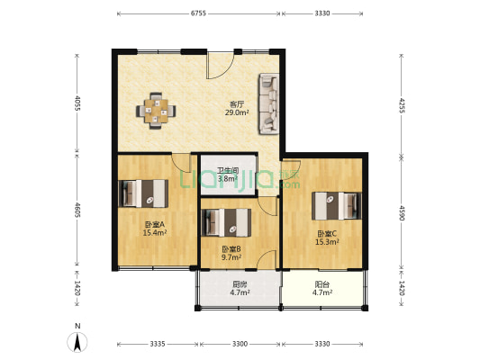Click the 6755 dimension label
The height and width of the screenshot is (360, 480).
198,13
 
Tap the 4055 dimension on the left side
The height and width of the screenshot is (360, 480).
77,103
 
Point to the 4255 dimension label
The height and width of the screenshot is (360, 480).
402,105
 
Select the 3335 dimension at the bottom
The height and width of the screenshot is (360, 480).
158,344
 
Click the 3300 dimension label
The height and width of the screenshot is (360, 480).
240,344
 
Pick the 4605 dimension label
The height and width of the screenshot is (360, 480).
77,210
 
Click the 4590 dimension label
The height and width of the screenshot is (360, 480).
402,213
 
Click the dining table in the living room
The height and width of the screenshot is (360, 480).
156,111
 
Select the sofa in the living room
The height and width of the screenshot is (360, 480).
268,103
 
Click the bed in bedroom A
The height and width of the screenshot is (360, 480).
143,193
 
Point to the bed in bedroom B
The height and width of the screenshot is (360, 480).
227,222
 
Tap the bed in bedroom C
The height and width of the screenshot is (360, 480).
337,206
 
